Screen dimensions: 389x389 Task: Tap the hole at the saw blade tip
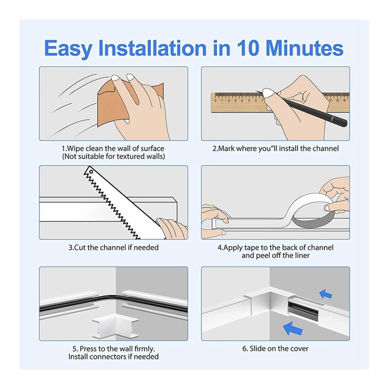tap(91, 172)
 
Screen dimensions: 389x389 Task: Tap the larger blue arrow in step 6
tap(293, 328)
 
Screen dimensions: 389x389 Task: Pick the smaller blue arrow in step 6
tap(326, 294)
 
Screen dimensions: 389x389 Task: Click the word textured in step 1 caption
tap(130, 156)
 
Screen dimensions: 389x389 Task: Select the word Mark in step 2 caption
tap(226, 149)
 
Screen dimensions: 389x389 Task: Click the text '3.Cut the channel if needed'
tap(113, 247)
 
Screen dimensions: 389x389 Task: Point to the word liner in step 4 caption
tap(302, 256)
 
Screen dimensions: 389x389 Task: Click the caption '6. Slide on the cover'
tap(275, 349)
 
